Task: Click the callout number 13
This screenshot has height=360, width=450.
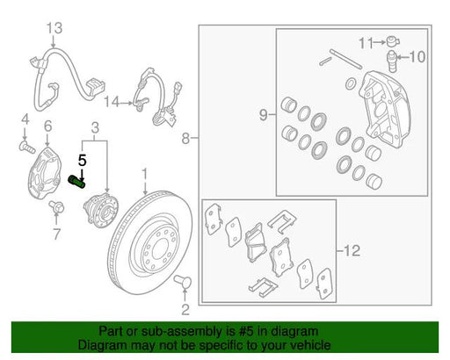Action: coord(54,28)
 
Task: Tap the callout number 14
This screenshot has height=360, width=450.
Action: coord(112,102)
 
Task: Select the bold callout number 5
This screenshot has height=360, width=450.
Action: coord(83,161)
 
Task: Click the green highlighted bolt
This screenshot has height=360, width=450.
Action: coord(76,182)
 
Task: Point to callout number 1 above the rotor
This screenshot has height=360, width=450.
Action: coord(145,175)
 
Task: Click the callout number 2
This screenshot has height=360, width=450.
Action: coord(185,310)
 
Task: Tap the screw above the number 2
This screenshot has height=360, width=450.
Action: coord(183,281)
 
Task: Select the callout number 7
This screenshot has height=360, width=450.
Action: coord(56,234)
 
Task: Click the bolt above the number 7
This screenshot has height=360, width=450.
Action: coord(57,206)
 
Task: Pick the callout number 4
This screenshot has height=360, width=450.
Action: coord(25,119)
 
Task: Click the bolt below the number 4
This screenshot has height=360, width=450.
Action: coord(27,147)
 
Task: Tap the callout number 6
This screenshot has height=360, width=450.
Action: coord(48,126)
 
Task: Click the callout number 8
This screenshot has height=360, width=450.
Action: coord(185,138)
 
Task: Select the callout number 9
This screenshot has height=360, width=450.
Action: coord(264,115)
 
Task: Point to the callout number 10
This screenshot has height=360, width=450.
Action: coord(417,56)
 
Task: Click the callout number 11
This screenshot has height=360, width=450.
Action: coord(367,43)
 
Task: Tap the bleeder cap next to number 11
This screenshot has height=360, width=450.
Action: coord(392,41)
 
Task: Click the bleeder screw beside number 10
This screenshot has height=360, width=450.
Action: coord(392,61)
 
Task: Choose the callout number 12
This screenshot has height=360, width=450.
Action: coord(352,250)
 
